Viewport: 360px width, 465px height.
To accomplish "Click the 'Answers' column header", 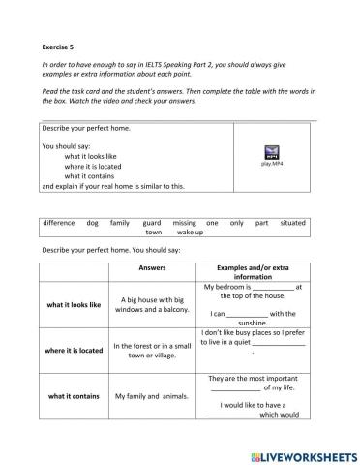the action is (x=153, y=267).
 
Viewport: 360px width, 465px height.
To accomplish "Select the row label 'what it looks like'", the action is (x=74, y=304).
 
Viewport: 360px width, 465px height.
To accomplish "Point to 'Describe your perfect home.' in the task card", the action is (x=85, y=129).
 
